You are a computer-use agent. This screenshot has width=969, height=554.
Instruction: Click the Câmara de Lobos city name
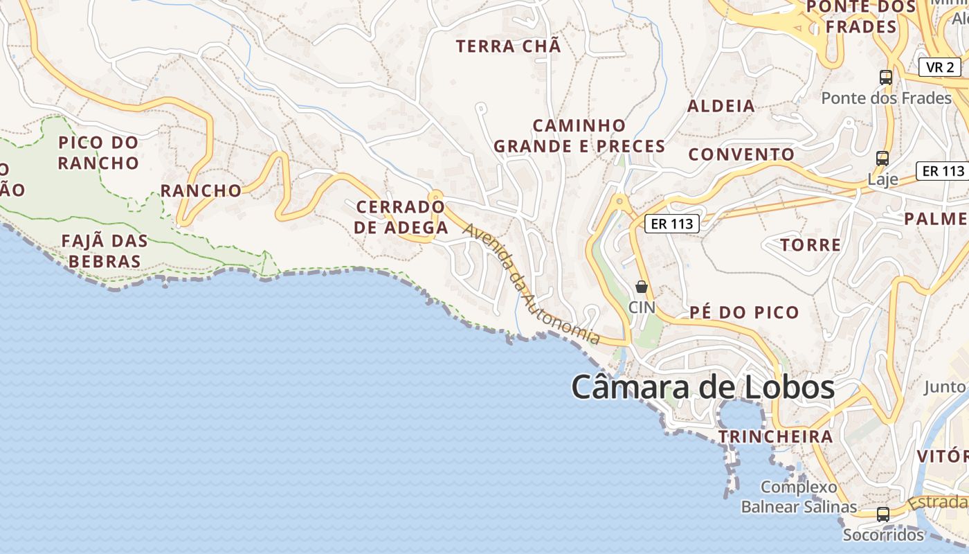point(703,388)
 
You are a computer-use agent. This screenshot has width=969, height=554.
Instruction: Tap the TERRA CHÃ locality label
point(508,47)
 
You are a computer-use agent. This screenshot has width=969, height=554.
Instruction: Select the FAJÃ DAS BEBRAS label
point(105,251)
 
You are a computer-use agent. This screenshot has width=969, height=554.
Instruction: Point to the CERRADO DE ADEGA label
point(401,217)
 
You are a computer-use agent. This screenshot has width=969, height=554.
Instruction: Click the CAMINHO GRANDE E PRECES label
point(579,136)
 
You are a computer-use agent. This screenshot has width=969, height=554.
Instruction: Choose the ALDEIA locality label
point(721,106)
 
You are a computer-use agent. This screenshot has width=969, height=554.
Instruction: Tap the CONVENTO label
point(741,154)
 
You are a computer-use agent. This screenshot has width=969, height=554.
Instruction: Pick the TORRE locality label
point(810,244)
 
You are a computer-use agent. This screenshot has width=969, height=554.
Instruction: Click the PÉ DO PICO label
point(744,312)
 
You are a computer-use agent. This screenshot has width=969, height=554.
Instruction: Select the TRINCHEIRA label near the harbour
point(775,437)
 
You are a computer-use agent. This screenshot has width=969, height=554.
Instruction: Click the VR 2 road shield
point(940,67)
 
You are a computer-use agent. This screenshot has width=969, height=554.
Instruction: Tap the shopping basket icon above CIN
point(642,287)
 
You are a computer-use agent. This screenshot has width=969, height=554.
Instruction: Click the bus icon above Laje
point(882,159)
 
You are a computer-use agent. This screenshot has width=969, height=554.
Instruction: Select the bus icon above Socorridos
point(883,515)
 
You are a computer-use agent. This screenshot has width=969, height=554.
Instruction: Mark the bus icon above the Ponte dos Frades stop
point(886,78)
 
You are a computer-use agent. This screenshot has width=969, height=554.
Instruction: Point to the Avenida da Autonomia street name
point(531,284)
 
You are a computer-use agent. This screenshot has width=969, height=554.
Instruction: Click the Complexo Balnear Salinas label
point(799,497)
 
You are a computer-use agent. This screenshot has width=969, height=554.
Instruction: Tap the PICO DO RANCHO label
point(98,153)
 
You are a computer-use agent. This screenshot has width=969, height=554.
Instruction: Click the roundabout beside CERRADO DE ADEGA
point(435,205)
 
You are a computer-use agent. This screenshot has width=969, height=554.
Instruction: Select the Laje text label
point(882,180)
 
